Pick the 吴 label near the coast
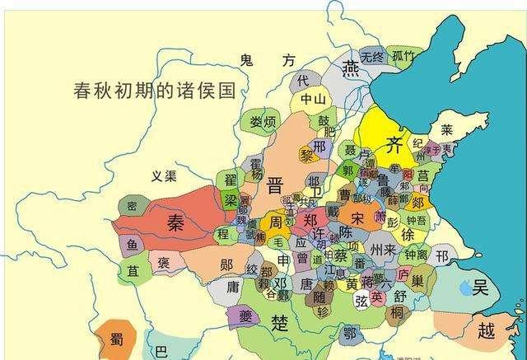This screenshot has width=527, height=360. (x=480, y=287)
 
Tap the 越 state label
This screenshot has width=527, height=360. (x=487, y=330)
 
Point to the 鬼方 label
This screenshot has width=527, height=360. (x=266, y=60)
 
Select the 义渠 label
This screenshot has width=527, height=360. (x=163, y=175)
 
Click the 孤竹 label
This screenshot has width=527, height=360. (x=403, y=56)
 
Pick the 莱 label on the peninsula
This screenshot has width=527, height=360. (x=446, y=129)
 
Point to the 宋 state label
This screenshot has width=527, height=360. (x=357, y=217)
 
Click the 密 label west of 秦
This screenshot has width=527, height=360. (x=132, y=206)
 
